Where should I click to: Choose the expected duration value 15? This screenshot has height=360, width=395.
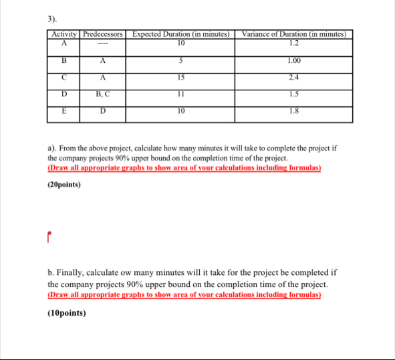tap(181, 77)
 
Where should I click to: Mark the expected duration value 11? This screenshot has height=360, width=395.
tap(181, 94)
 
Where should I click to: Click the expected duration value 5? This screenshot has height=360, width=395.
tap(181, 60)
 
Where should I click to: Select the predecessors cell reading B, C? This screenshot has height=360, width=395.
tap(103, 94)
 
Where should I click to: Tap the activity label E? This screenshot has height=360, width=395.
tap(64, 112)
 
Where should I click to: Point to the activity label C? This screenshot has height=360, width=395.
tap(64, 77)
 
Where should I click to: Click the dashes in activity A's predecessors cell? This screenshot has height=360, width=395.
tap(103, 43)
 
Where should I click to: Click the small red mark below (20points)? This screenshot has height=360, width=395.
tap(49, 236)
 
